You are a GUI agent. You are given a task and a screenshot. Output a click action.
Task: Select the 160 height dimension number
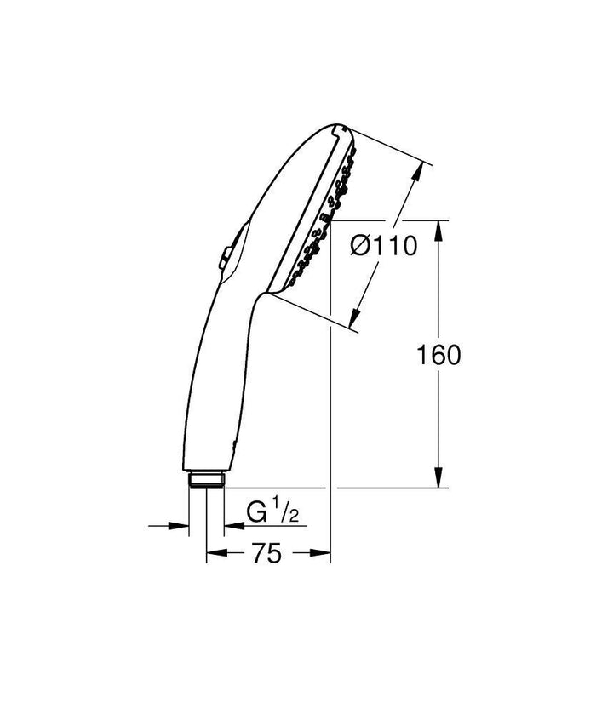(439, 355)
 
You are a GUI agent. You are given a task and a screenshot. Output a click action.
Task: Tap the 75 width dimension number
(267, 554)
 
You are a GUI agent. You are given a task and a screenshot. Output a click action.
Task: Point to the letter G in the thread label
(256, 512)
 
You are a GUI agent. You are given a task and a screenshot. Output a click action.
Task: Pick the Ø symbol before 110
(360, 247)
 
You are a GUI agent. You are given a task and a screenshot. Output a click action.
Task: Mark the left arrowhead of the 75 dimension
(213, 554)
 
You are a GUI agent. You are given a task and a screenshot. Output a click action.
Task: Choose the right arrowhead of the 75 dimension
(323, 554)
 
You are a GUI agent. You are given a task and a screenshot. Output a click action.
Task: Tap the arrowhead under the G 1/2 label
(231, 526)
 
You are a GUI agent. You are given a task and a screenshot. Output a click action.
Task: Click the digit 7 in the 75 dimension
(260, 554)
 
